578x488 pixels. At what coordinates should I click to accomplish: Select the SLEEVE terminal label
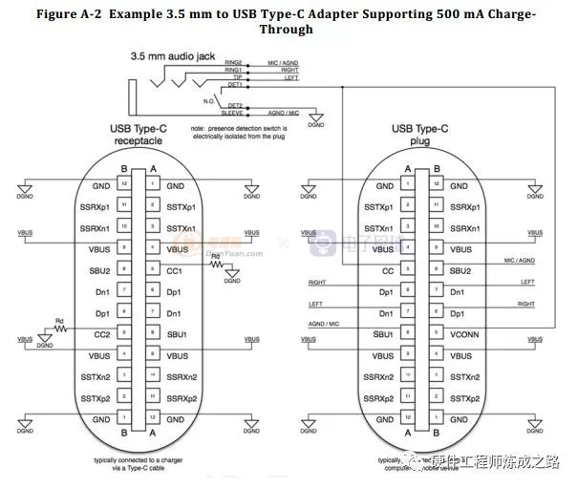point(229,112)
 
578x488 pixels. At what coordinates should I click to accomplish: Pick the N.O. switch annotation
point(209,97)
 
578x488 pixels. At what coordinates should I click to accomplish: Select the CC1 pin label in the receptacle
point(175,270)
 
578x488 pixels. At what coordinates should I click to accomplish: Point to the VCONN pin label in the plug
point(461,333)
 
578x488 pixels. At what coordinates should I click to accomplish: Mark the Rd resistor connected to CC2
point(61,328)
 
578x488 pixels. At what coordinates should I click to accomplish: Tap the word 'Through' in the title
point(287,30)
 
